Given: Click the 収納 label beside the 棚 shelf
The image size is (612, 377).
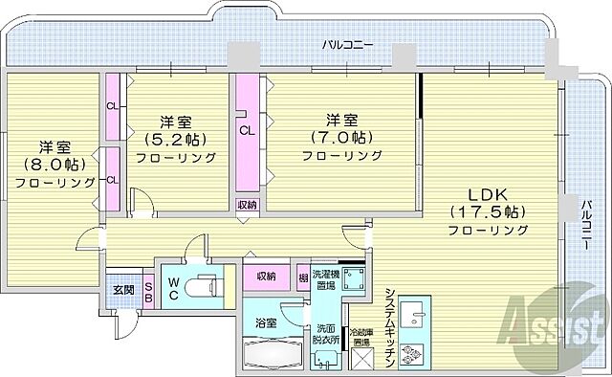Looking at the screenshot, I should click(266, 277).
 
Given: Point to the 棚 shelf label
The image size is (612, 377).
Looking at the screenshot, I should click(302, 277).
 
